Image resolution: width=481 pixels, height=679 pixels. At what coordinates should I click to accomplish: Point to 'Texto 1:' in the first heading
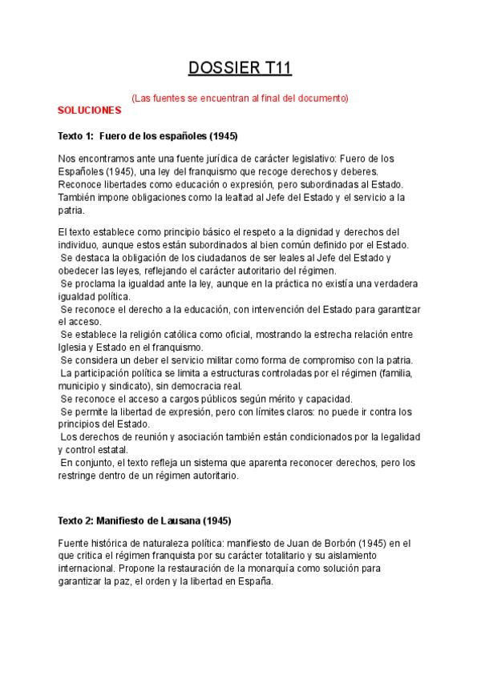(x=77, y=135)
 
